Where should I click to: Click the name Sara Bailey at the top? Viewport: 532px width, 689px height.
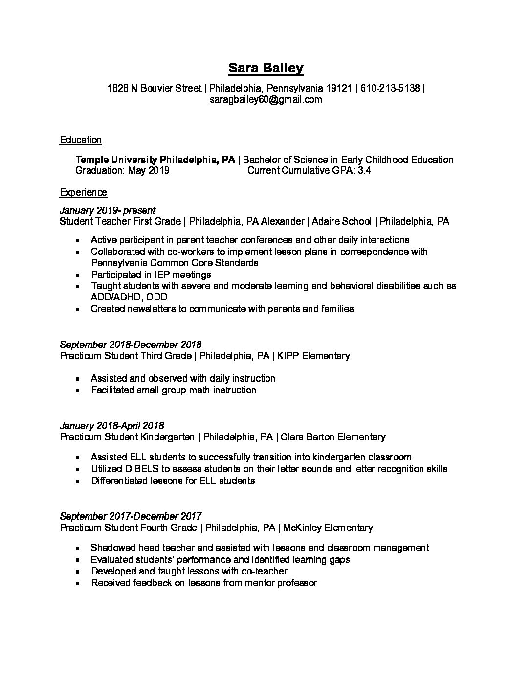[266, 68]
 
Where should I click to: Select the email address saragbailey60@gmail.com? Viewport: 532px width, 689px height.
[266, 100]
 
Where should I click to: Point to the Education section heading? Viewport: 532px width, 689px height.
[81, 140]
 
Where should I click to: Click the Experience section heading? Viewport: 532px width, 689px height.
[83, 192]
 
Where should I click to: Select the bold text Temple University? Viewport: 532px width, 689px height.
[116, 160]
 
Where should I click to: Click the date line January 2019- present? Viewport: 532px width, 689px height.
[108, 210]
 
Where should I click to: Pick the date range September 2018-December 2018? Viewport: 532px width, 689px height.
[131, 344]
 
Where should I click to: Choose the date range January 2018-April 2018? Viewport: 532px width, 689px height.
[112, 426]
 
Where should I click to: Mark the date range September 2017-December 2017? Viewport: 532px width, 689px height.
[131, 516]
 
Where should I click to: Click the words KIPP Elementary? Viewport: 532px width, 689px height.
[313, 356]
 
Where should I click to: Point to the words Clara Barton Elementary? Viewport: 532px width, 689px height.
[332, 437]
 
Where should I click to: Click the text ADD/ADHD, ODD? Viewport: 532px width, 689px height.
[129, 297]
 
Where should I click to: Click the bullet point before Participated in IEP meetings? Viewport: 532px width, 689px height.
[78, 275]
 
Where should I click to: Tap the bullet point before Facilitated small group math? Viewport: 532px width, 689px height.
[78, 390]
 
